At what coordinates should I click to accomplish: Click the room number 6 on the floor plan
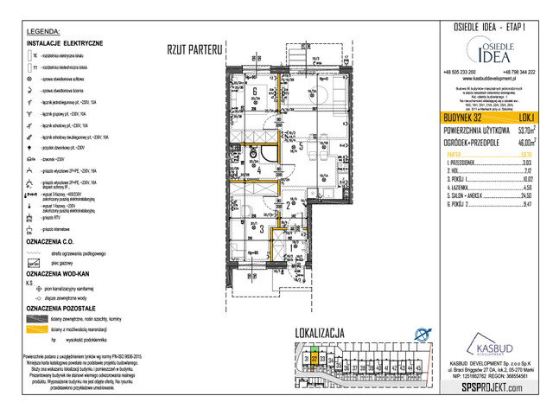(256, 89)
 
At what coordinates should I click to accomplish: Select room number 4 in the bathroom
(258, 171)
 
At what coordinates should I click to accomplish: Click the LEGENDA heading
(44, 31)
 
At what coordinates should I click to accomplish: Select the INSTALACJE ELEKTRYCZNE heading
(65, 42)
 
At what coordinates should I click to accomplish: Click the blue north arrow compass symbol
(423, 334)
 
